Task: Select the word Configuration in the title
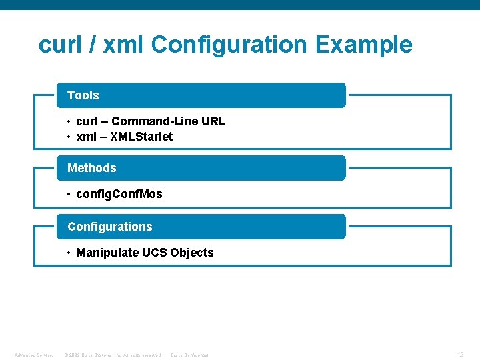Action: pyautogui.click(x=229, y=45)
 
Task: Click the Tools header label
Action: pyautogui.click(x=83, y=95)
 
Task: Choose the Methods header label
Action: pyautogui.click(x=92, y=168)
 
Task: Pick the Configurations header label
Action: pyautogui.click(x=110, y=227)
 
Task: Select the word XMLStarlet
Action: pyautogui.click(x=143, y=137)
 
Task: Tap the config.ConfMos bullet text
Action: pyautogui.click(x=119, y=194)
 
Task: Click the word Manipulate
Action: pyautogui.click(x=107, y=253)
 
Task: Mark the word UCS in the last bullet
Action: pyautogui.click(x=155, y=253)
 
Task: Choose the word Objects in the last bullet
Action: pyautogui.click(x=192, y=253)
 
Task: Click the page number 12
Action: pyautogui.click(x=460, y=355)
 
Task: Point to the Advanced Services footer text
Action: pyautogui.click(x=34, y=355)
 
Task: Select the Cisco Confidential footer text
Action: pyautogui.click(x=190, y=355)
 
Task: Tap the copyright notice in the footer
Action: pyautogui.click(x=112, y=355)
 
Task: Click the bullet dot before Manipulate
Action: pyautogui.click(x=69, y=253)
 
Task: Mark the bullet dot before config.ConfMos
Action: pyautogui.click(x=69, y=194)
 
